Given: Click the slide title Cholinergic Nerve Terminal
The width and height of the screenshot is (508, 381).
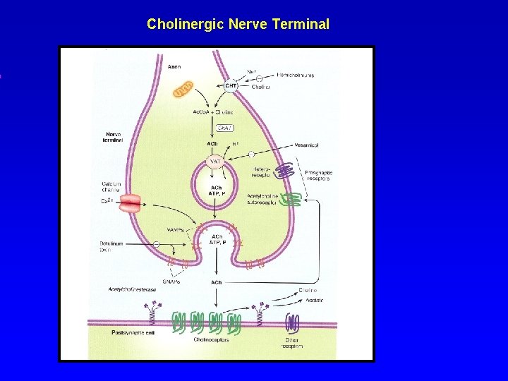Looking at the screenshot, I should coord(238,24).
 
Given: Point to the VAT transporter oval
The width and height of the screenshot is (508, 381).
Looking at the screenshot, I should coord(217,162).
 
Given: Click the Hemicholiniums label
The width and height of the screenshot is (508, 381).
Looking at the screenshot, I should coord(295,75).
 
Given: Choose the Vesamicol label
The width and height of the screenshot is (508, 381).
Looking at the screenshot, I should coord(303,145).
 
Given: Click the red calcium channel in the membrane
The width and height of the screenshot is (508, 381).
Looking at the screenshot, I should coord(131,204).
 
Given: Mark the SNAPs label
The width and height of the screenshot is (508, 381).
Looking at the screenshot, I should coord(171,281).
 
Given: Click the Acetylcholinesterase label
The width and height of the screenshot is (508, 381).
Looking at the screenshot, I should coord(132,290).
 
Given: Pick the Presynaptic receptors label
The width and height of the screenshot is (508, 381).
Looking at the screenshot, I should coord(319,176).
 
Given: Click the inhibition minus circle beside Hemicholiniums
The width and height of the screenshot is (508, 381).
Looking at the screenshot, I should coord(260,78).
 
